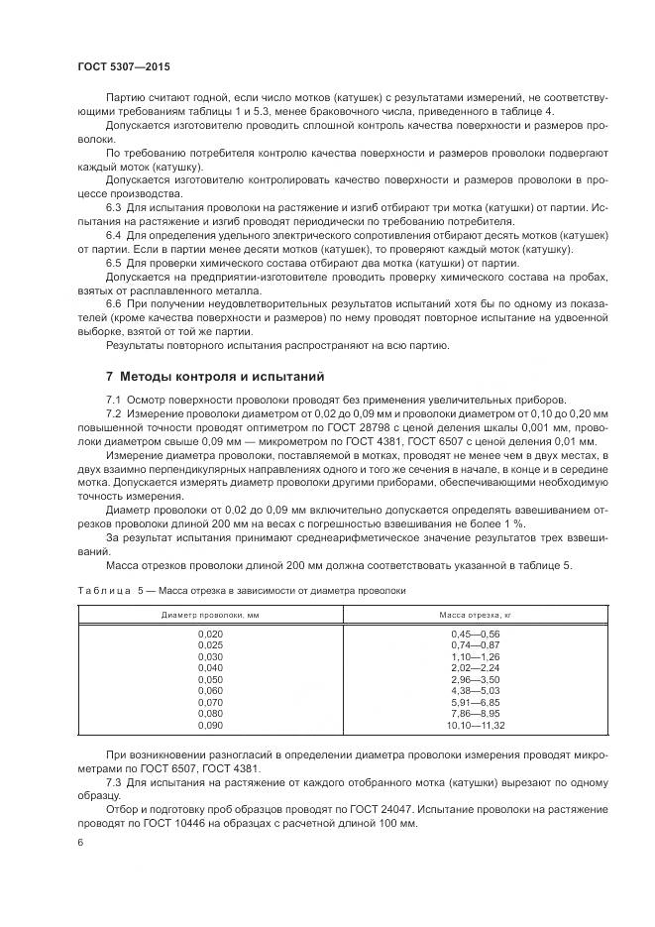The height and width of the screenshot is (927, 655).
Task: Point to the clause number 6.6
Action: coord(113,303)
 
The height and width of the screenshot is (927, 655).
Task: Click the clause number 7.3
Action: coord(113,782)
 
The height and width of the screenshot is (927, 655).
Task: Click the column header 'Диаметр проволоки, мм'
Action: coord(210,616)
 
